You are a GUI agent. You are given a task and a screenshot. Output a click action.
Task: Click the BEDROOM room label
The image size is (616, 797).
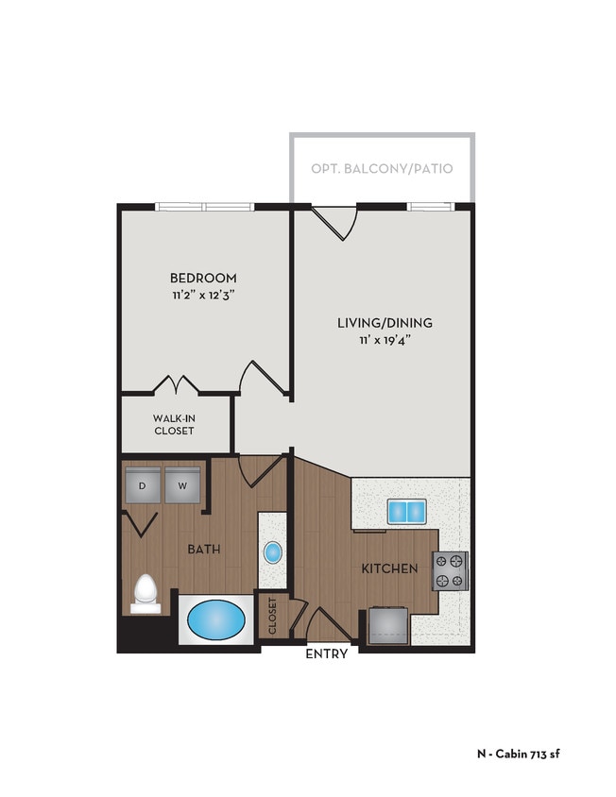(x=203, y=278)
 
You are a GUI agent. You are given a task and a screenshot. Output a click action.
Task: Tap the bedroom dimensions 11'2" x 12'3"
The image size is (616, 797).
(x=203, y=295)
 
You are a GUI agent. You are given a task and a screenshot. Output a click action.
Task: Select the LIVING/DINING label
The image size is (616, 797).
(x=385, y=323)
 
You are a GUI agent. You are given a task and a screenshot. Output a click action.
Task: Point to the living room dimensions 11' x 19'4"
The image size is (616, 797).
(x=385, y=340)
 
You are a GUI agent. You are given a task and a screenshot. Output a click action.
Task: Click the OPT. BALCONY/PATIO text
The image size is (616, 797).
(x=382, y=169)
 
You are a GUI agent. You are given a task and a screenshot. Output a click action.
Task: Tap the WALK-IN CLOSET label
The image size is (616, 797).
(x=174, y=424)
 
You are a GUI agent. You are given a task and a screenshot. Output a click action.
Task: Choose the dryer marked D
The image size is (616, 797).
(x=143, y=485)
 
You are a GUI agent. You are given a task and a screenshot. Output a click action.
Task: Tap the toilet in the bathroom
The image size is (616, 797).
(x=145, y=592)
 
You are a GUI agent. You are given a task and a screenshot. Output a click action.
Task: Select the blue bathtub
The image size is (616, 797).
(x=216, y=620)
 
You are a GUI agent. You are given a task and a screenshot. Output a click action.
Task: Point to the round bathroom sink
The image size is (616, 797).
(x=272, y=552)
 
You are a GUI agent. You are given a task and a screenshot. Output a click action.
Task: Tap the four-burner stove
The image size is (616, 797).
(x=451, y=570)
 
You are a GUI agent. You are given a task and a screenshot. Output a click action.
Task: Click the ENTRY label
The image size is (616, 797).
(x=327, y=653)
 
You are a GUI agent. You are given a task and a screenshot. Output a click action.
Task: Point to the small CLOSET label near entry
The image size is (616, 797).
(x=272, y=616)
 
